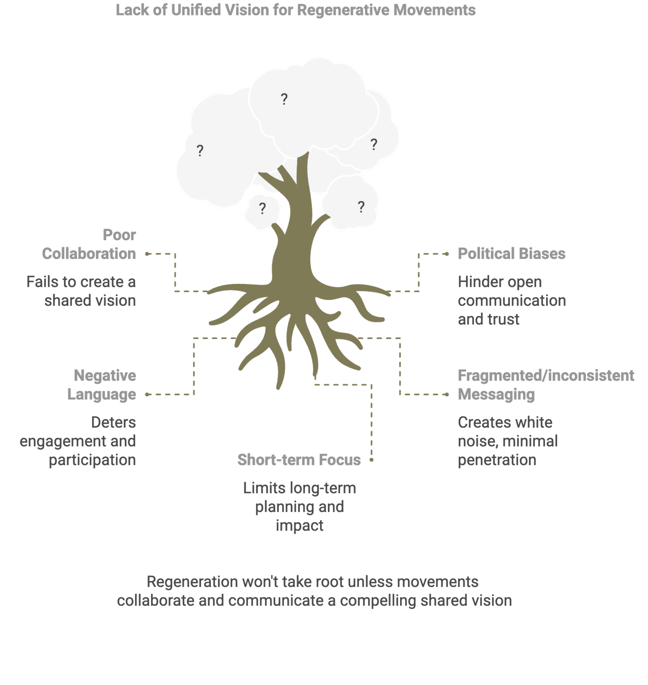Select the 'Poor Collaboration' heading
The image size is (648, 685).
coord(89,244)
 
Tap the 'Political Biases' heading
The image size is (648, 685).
coord(511,253)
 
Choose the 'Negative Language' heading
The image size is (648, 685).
coord(102,385)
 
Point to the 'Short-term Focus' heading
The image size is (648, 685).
coord(299,459)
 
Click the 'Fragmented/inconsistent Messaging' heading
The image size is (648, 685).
coord(546,385)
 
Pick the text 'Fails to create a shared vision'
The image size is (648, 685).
coord(81,291)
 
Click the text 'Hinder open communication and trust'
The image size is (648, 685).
coord(512,300)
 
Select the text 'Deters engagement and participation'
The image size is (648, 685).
coord(78,441)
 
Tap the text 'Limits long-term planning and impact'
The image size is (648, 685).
coord(300,506)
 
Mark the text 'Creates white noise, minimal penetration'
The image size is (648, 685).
coord(508,441)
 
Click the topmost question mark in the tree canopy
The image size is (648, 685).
coord(284,99)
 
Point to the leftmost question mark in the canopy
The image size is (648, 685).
coord(200,151)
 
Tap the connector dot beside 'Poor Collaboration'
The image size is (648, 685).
coord(147,254)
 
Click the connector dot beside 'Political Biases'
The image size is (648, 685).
coord(447,254)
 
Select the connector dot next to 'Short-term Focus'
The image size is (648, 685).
coord(372,460)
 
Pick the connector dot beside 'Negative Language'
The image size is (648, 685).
coord(147,394)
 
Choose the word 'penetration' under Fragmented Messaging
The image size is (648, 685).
coord(497,460)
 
